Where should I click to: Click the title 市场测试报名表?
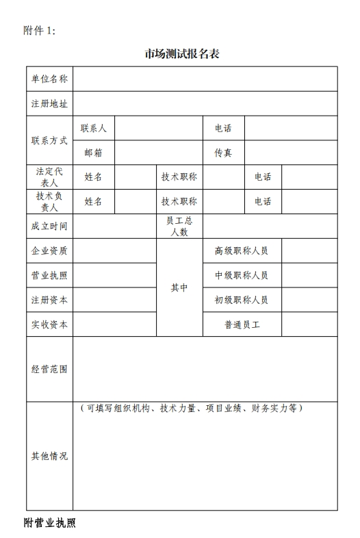coord(181,54)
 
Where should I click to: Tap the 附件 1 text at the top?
coord(39,30)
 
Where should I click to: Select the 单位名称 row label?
coord(49,79)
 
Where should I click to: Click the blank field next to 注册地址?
coord(205,104)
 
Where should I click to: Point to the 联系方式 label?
coord(49,140)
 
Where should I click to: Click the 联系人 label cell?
coord(94,128)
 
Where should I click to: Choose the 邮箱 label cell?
coord(94,153)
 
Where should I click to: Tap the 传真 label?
coord(223,153)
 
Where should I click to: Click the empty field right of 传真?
coord(291,153)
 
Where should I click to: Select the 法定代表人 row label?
coord(49,177)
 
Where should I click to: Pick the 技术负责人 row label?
coord(49,201)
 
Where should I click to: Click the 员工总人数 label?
coord(179,227)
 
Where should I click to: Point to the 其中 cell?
coord(179,287)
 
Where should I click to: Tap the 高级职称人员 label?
coord(242,251)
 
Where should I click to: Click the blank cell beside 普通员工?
coord(309,324)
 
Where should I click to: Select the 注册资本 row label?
coord(49,300)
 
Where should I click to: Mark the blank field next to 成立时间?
coord(114,227)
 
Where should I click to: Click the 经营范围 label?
coord(49,369)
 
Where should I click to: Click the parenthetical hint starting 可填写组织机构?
coord(191,409)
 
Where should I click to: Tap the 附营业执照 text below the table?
coord(50,523)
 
